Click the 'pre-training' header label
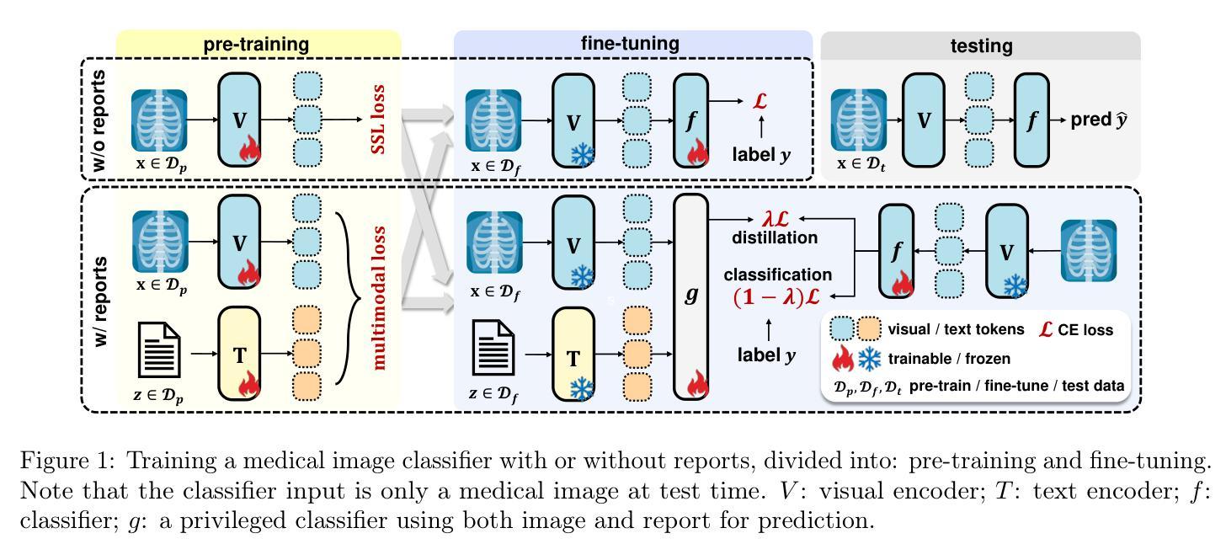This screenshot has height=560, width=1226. pos(256,45)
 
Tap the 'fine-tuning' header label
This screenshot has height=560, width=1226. pos(630,44)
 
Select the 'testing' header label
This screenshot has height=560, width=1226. pos(981,46)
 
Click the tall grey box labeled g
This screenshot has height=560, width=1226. pos(691,296)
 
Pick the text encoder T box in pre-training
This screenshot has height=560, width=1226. pos(240,354)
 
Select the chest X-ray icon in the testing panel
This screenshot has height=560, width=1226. pos(859,120)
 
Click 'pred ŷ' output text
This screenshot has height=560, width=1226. pos(1099,120)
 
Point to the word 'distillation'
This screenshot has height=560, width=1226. pos(774,238)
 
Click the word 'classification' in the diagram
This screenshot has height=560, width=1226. pos(778,275)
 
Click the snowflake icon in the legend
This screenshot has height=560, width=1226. pos(870,360)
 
